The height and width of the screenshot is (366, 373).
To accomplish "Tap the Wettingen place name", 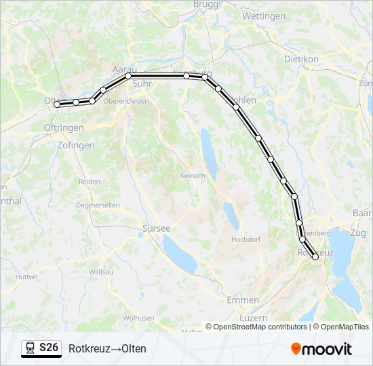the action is click(x=264, y=16).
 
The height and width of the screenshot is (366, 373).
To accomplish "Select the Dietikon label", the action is click(x=302, y=59).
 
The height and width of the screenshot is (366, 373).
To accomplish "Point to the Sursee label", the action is click(x=157, y=228).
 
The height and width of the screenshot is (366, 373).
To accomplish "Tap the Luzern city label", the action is click(x=254, y=317).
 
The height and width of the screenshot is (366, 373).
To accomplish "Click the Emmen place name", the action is click(x=243, y=300).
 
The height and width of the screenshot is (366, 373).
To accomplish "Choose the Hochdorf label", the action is click(x=246, y=239).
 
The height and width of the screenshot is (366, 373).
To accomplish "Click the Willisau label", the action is click(x=100, y=271).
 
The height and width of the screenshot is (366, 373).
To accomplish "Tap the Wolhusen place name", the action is click(x=138, y=317).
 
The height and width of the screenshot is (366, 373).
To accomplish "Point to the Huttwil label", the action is click(x=27, y=277).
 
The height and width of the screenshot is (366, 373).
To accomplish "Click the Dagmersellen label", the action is click(x=98, y=205).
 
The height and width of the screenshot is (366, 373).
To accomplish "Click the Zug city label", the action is click(x=358, y=232).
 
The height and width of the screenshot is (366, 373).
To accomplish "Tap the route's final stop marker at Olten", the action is click(x=57, y=104).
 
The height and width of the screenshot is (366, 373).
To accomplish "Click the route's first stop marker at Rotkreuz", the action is click(x=315, y=257).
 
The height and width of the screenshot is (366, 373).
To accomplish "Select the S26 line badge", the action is click(x=41, y=348).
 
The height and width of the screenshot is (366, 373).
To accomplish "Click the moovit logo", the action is click(x=321, y=349).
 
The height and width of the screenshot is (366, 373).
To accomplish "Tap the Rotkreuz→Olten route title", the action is click(x=107, y=348).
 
